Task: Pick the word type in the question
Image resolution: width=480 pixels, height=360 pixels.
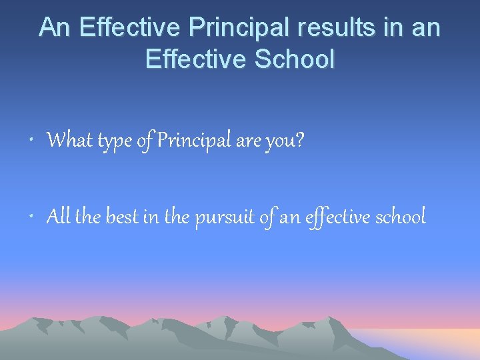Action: (115, 141)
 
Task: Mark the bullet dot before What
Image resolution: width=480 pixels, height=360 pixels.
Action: (33, 142)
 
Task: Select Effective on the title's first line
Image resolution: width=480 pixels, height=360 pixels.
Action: (130, 27)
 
